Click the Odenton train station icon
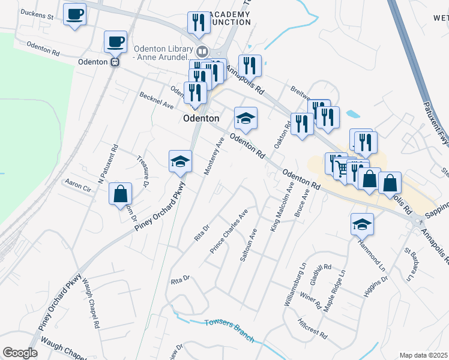114,61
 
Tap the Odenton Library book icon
202,52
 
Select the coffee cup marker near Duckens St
74,14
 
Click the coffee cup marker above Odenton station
115,41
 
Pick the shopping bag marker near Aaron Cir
120,194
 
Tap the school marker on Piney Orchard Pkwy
179,161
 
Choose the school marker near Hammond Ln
361,224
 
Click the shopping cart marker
342,169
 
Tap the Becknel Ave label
156,100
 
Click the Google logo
20,353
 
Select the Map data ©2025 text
423,355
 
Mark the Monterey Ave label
214,155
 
